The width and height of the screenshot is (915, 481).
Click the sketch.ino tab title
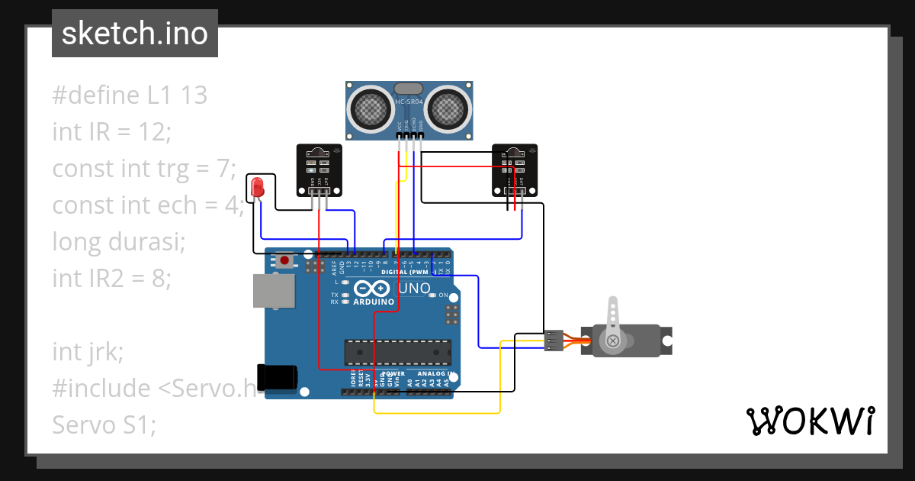tap(134, 34)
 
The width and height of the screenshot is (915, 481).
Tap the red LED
tap(258, 186)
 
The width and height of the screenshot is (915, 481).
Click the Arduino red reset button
tap(284, 260)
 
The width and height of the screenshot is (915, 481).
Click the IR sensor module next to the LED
tap(319, 169)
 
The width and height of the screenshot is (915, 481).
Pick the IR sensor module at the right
tap(514, 169)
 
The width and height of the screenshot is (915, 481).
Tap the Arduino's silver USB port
tap(273, 291)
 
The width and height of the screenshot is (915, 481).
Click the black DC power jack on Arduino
tap(278, 376)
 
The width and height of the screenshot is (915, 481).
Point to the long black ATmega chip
tap(396, 351)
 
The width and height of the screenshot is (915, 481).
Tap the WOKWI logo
tap(809, 421)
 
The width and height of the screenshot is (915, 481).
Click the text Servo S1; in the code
tap(104, 425)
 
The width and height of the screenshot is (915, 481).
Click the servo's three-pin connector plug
tap(554, 341)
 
